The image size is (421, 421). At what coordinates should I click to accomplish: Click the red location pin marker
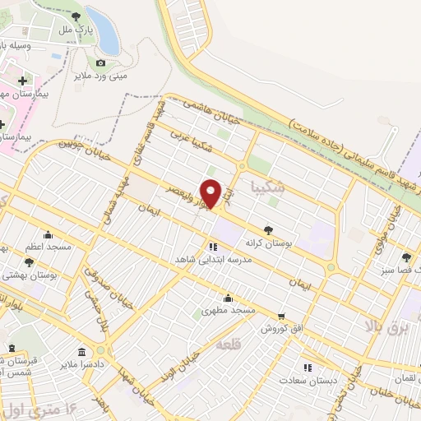click(211, 193)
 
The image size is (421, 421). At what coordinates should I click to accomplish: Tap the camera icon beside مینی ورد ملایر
click(100, 62)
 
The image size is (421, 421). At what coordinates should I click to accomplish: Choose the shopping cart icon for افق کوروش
click(281, 315)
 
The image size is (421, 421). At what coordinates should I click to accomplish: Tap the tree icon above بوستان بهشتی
click(30, 262)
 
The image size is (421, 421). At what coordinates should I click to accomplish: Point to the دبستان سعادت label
click(303, 381)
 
